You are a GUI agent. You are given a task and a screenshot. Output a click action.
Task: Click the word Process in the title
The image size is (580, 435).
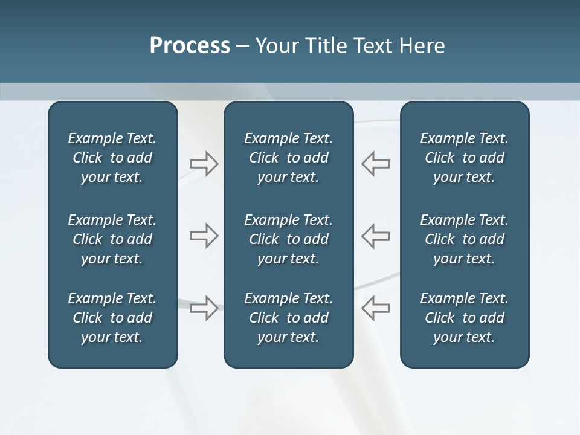(190, 46)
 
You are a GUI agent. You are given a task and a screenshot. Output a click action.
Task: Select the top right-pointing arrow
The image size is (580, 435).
(204, 164)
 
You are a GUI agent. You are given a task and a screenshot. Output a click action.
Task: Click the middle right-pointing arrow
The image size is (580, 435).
(204, 236)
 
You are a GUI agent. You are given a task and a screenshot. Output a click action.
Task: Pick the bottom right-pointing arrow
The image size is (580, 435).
(204, 308)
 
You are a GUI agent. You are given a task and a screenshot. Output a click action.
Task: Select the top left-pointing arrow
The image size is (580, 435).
(375, 164)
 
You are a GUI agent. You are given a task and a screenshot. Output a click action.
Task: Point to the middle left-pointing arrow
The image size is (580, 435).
(375, 236)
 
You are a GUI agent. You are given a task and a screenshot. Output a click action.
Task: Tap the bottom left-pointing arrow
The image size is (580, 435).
(375, 308)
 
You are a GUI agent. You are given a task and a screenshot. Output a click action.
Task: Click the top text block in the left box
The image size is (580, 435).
(112, 158)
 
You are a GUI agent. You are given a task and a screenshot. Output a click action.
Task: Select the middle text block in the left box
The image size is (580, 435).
(112, 239)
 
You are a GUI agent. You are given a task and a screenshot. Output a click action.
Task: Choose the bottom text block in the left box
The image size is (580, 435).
(112, 318)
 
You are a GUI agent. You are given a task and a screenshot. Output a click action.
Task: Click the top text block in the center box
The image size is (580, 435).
(288, 158)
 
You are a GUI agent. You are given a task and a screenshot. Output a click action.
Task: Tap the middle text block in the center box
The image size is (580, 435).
(288, 239)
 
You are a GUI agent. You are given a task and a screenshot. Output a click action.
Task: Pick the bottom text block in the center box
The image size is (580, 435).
(288, 318)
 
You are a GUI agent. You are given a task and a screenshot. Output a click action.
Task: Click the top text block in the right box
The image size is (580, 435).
(464, 158)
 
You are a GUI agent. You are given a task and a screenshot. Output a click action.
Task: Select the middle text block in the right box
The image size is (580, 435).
(464, 239)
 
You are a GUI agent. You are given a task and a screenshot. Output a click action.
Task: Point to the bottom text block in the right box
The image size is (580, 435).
(464, 318)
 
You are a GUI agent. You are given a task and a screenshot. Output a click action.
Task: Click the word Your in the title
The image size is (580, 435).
(275, 46)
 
